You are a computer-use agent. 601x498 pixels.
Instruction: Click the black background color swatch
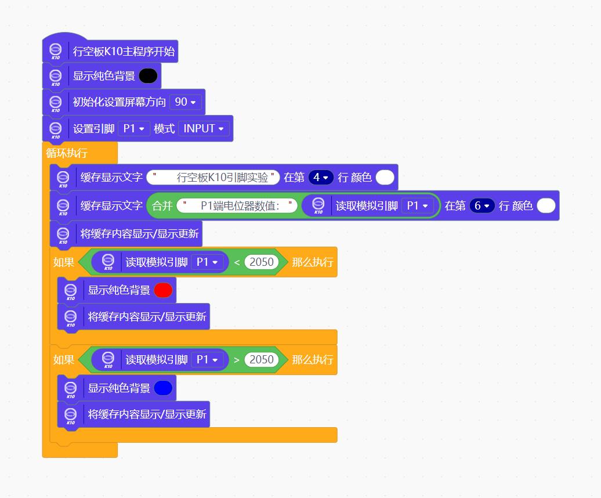pyautogui.click(x=148, y=76)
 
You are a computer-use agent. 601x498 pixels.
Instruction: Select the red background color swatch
pyautogui.click(x=163, y=290)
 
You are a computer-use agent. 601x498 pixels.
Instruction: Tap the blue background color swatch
pyautogui.click(x=163, y=388)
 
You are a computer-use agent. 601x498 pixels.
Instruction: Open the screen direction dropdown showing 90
pyautogui.click(x=186, y=102)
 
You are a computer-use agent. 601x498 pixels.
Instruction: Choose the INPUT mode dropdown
pyautogui.click(x=204, y=128)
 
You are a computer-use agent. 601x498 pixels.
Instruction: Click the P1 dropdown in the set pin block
pyautogui.click(x=134, y=128)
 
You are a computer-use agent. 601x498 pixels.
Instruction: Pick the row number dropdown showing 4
pyautogui.click(x=321, y=177)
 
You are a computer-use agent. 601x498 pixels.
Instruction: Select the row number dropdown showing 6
pyautogui.click(x=482, y=206)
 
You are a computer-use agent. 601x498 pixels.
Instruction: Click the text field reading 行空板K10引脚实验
pyautogui.click(x=213, y=177)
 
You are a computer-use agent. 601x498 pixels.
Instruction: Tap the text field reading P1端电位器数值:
pyautogui.click(x=237, y=206)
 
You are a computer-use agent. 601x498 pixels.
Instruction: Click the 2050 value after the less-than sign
pyautogui.click(x=262, y=262)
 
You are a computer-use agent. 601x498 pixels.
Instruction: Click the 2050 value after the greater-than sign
pyautogui.click(x=262, y=360)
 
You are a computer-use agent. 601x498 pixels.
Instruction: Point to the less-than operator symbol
pyautogui.click(x=237, y=262)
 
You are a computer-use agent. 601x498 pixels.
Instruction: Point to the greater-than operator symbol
pyautogui.click(x=237, y=360)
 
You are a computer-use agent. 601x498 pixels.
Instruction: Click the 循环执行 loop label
pyautogui.click(x=67, y=153)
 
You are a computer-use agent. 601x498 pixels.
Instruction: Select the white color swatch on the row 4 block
pyautogui.click(x=385, y=177)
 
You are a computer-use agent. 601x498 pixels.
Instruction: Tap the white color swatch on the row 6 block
pyautogui.click(x=546, y=206)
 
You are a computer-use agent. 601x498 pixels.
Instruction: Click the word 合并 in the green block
pyautogui.click(x=162, y=206)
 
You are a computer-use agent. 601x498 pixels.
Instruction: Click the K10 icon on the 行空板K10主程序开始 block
pyautogui.click(x=56, y=52)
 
